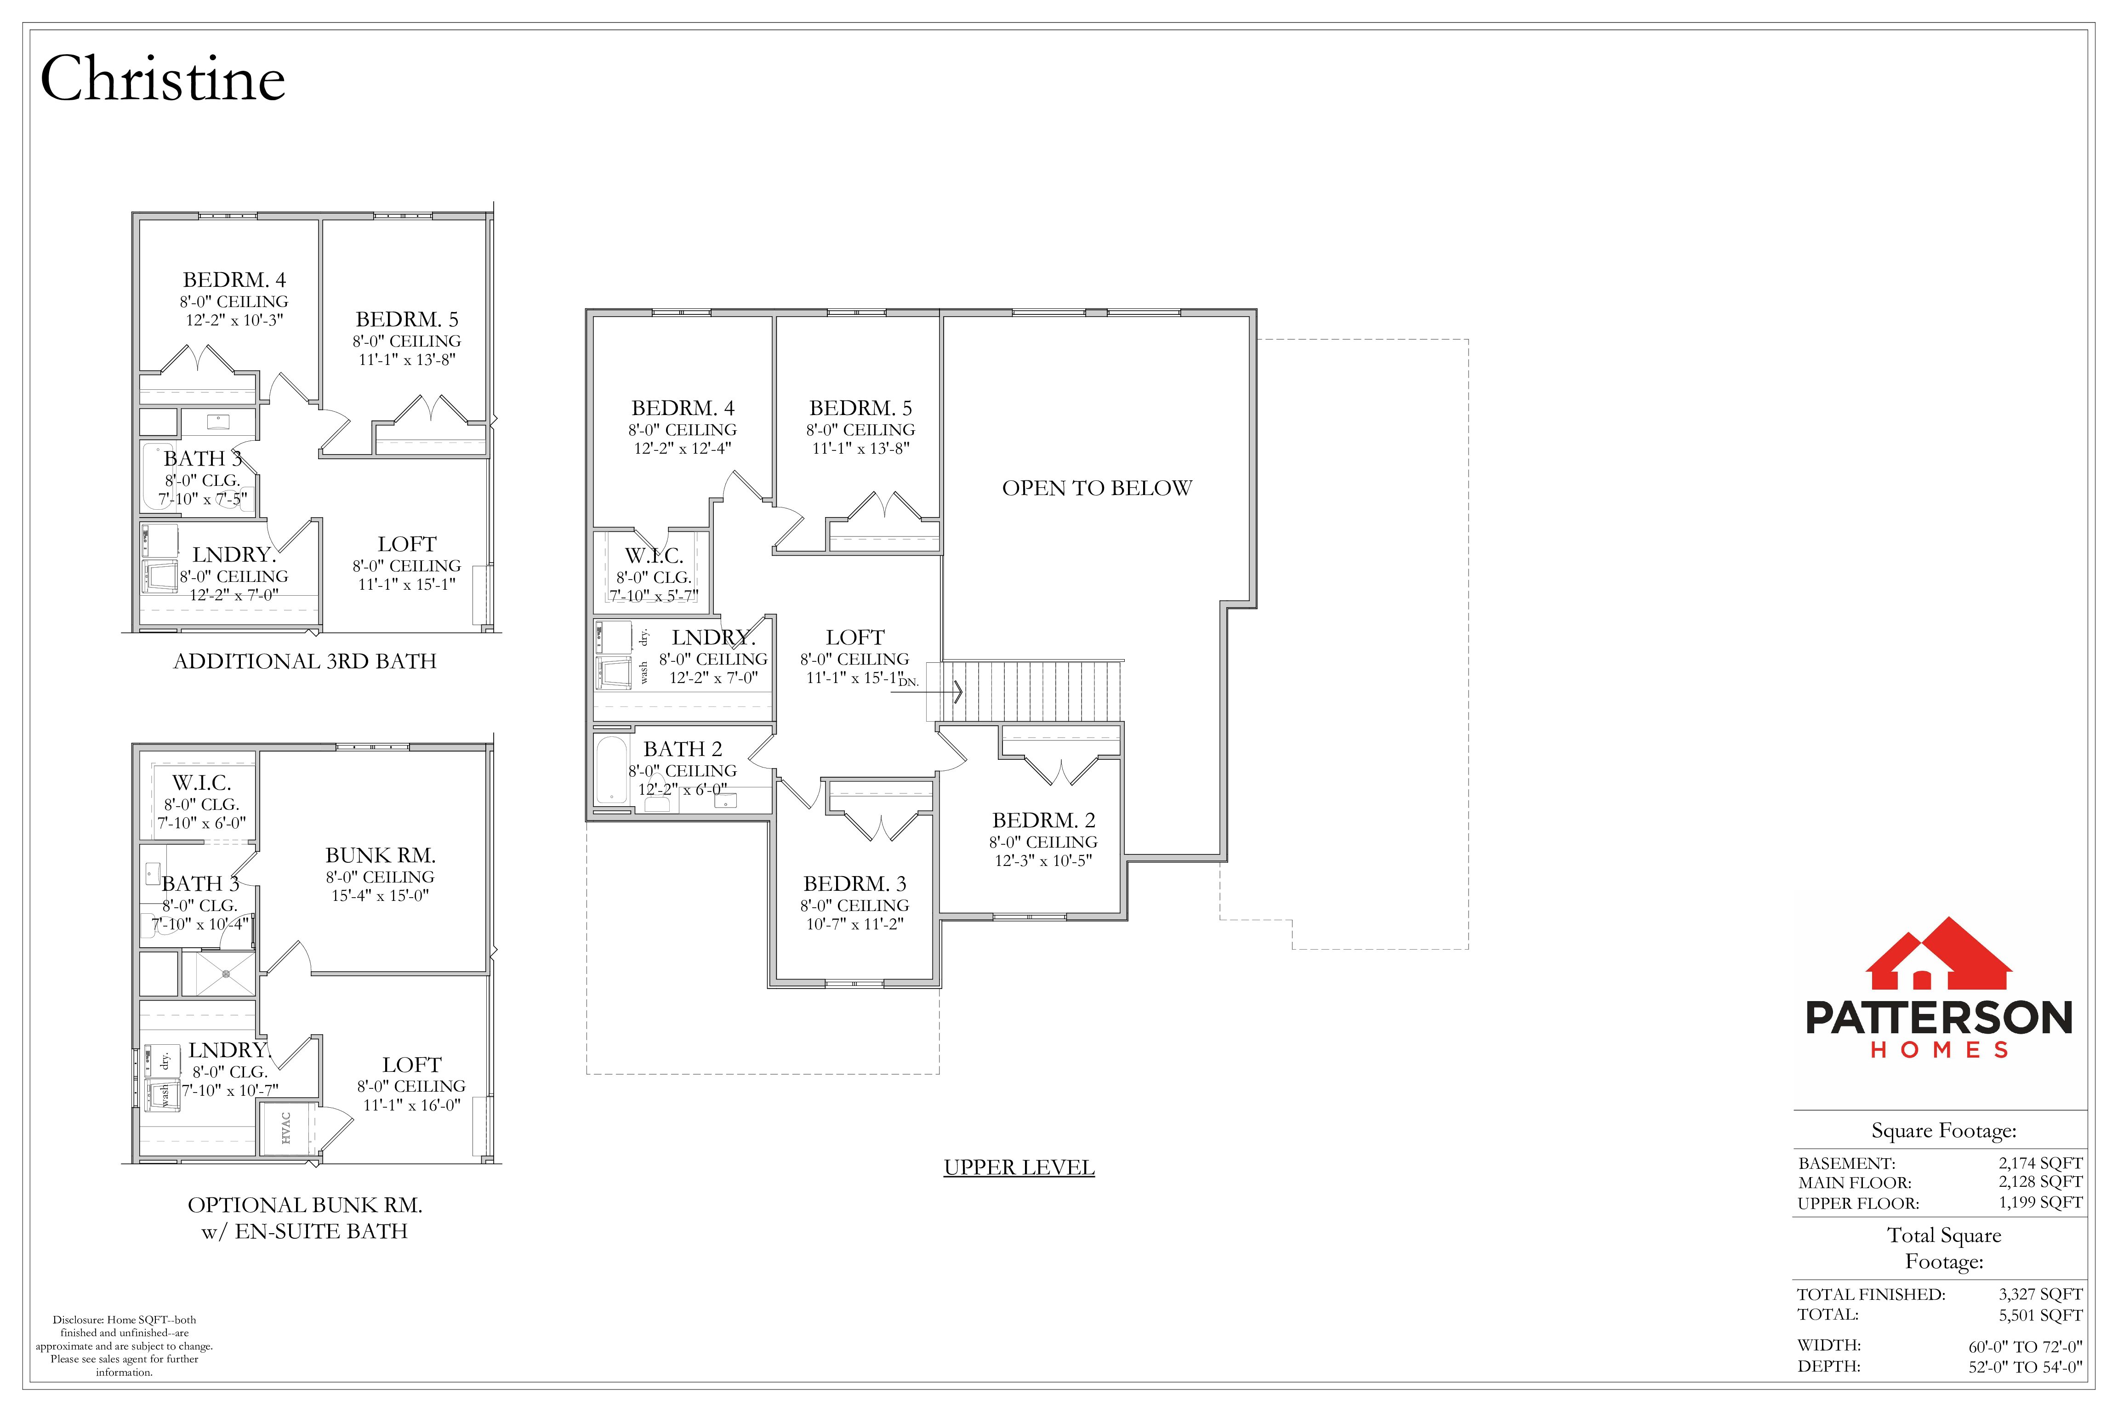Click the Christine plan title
click(163, 79)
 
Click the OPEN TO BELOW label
click(1097, 488)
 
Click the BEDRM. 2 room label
click(1044, 820)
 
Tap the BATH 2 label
click(683, 749)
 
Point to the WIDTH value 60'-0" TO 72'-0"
click(2025, 1347)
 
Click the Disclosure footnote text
click(124, 1346)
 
